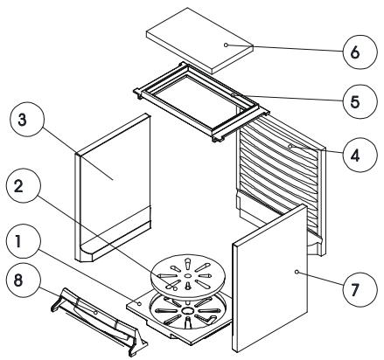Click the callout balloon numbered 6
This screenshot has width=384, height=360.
(360, 52)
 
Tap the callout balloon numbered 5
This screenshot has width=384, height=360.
(360, 101)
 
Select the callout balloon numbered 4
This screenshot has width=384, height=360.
(360, 156)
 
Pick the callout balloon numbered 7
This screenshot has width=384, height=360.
(360, 289)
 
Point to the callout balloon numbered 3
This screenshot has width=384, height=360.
(26, 119)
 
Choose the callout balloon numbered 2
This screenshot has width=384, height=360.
(24, 185)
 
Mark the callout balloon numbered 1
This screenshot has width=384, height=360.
(24, 240)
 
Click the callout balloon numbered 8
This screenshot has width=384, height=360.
(24, 280)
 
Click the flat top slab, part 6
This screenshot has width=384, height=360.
(199, 40)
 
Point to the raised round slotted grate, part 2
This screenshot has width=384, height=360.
(188, 276)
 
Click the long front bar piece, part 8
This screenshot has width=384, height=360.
(98, 321)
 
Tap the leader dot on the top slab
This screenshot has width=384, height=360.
(226, 45)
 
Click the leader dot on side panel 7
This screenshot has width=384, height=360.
(297, 272)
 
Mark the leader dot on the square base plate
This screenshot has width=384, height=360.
(139, 304)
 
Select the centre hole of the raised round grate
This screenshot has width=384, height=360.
(188, 275)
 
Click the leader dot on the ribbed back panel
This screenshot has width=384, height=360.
(290, 146)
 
